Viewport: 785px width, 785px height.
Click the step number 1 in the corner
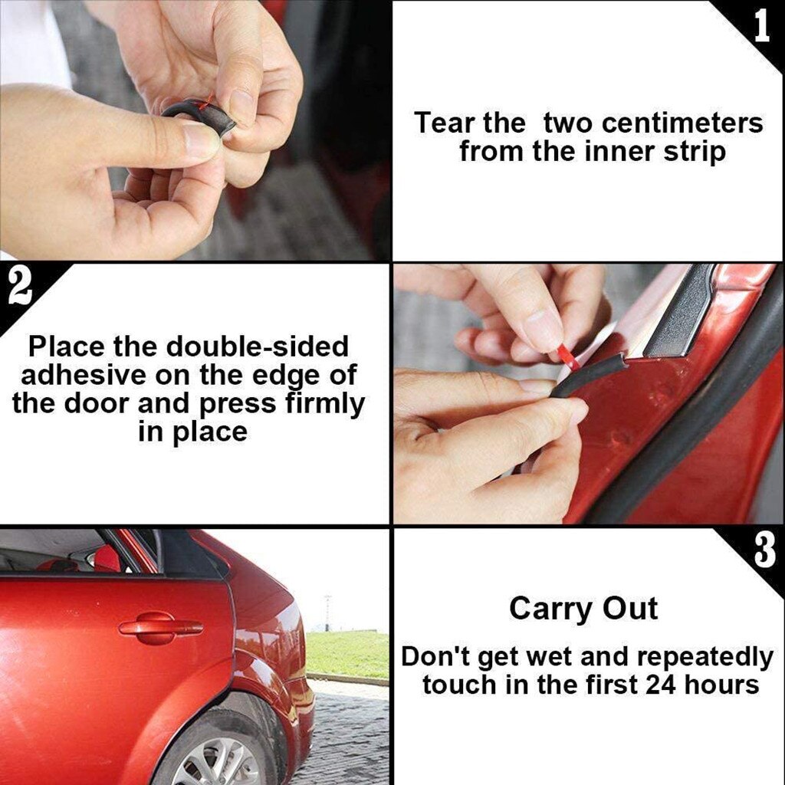point(761,25)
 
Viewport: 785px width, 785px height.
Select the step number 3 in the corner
point(764,552)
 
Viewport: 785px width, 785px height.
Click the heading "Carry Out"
point(583,609)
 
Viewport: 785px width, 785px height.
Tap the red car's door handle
point(161,628)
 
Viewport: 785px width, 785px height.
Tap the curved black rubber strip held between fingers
point(199,114)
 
